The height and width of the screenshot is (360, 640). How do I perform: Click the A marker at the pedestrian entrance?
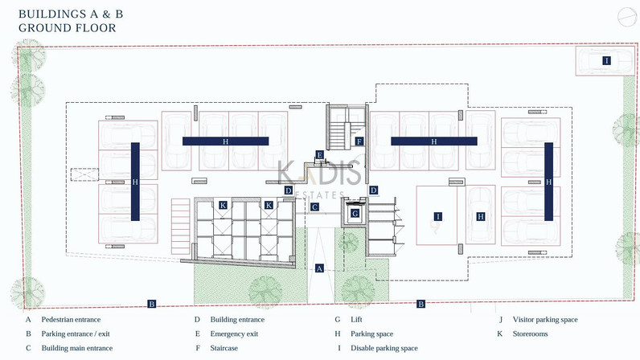(319, 268)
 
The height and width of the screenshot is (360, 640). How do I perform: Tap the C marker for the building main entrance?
(314, 207)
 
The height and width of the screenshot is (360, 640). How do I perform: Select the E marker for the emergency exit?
(319, 155)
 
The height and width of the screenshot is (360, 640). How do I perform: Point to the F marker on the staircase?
(359, 141)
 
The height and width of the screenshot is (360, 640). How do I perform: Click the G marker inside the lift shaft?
(355, 214)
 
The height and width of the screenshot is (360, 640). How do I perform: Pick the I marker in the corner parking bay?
(606, 61)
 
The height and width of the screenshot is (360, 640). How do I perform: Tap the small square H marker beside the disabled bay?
(481, 217)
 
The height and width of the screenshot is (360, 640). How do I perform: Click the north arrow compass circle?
(627, 18)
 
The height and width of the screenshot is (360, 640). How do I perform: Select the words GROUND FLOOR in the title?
(68, 28)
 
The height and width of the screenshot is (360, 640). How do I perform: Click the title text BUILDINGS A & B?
(71, 14)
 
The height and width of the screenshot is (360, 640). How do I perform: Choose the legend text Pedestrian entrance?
(71, 320)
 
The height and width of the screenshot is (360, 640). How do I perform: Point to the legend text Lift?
(356, 320)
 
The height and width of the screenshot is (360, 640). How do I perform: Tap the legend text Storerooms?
(530, 333)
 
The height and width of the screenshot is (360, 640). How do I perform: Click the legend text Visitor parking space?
(545, 320)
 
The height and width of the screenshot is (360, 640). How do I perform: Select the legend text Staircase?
(224, 348)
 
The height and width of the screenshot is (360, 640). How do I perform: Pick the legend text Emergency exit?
(234, 333)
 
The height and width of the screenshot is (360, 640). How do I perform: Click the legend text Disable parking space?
(384, 348)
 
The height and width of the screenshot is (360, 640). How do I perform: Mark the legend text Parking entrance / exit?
(76, 333)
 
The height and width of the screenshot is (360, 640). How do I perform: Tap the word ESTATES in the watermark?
(320, 195)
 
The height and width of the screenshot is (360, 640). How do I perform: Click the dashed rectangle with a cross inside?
(84, 174)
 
